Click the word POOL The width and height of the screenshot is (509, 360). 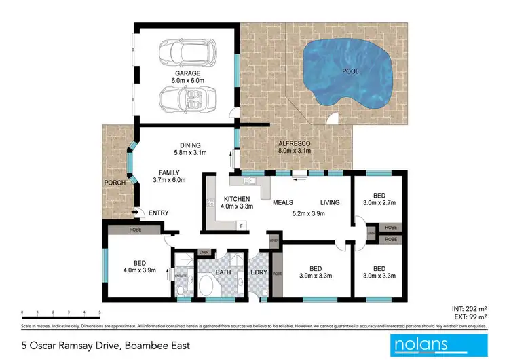tap(350, 71)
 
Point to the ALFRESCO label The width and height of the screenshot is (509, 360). tap(295, 143)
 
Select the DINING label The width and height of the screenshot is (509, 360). tap(191, 144)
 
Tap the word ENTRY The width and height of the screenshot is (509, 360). tap(159, 213)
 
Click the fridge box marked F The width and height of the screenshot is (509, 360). tap(241, 224)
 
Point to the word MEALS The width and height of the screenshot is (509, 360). tap(283, 202)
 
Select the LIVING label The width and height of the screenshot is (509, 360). tap(331, 202)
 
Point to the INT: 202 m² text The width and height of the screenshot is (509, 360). tap(469, 308)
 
